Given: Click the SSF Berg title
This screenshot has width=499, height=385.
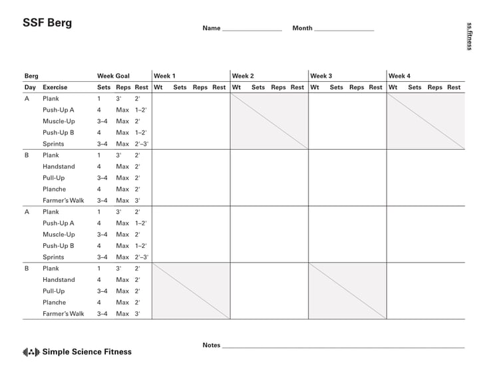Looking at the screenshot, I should point(47,23).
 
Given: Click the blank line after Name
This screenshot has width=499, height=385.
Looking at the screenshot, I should point(251,30).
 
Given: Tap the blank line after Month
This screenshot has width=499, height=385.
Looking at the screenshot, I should point(343,30).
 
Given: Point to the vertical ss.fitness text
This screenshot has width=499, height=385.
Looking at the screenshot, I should point(469,36).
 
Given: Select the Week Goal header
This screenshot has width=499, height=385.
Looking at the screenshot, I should point(113,76).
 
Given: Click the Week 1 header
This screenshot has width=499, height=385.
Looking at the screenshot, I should point(164,76).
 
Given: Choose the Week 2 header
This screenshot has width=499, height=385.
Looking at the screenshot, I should point(243,76).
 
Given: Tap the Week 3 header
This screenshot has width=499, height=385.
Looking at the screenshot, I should point(321,76).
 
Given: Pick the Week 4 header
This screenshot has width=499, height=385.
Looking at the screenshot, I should point(400,76).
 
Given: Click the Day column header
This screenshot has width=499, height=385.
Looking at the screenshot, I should point(30,87).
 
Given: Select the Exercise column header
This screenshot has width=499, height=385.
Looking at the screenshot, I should point(55,87).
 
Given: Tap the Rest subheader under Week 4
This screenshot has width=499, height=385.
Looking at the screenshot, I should point(454,87).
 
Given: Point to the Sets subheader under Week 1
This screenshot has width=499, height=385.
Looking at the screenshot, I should point(180,87).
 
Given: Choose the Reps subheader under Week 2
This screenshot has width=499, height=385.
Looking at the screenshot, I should point(278,87).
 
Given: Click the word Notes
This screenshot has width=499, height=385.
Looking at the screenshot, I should point(211,345).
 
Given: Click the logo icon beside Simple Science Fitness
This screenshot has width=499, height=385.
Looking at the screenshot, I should point(31,352).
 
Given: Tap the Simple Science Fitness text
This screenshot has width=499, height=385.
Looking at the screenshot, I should point(86,352).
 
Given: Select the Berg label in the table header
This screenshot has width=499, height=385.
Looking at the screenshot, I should point(31,76).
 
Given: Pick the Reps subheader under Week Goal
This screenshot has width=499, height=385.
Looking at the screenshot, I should point(123,87).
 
